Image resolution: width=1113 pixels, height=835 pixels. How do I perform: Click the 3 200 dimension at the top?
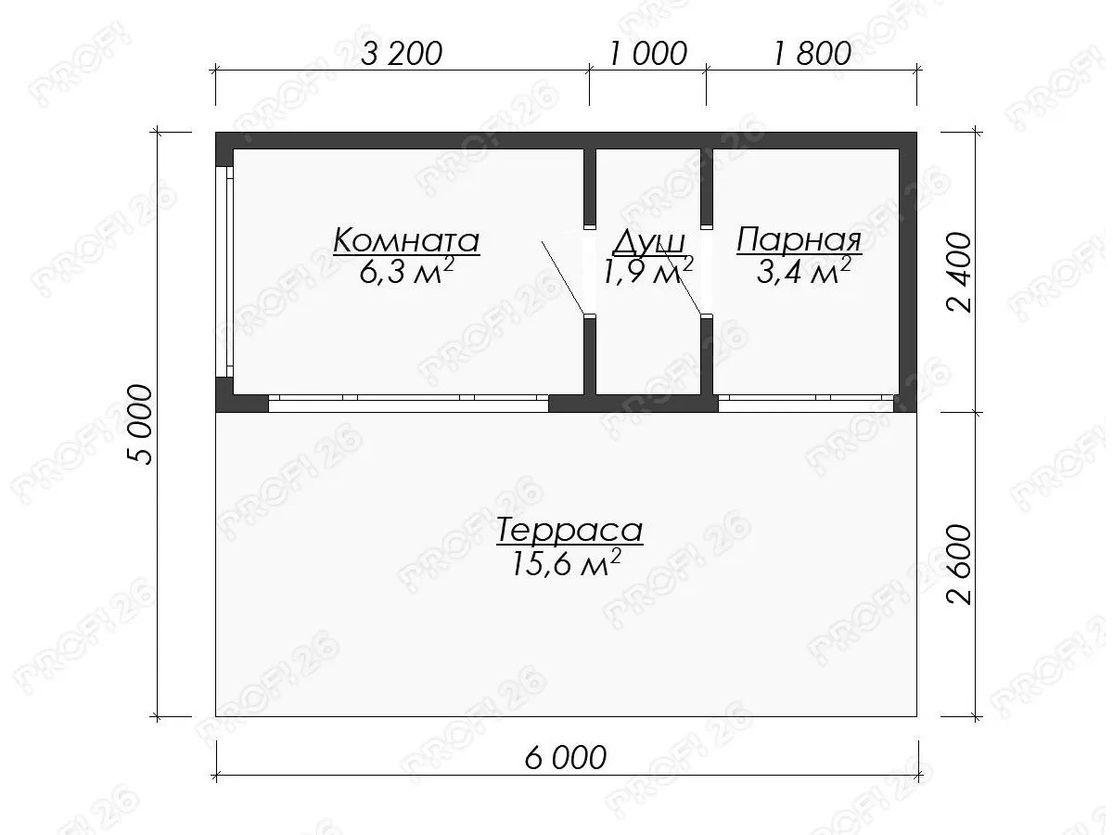(x=402, y=54)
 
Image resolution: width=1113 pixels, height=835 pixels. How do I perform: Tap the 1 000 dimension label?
(x=648, y=54)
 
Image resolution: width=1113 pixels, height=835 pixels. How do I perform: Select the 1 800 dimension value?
(x=812, y=54)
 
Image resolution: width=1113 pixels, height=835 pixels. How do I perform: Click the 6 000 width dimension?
(x=566, y=758)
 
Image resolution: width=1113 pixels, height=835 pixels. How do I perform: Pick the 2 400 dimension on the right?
(x=958, y=273)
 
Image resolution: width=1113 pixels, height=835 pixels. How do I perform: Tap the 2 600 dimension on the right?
(x=958, y=564)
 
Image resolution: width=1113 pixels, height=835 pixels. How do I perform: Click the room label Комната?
(x=406, y=240)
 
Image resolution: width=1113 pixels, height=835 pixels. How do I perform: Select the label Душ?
(x=648, y=242)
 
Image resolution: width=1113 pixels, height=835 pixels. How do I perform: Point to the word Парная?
(x=800, y=240)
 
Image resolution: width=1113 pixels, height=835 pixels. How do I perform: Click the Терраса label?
(x=569, y=531)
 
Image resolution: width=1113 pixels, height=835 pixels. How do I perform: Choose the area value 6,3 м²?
(x=406, y=271)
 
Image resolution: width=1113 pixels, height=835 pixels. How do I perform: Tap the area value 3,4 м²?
(x=804, y=271)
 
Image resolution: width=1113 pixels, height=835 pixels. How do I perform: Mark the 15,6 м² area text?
(x=567, y=563)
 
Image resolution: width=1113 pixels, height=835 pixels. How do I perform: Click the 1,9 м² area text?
(x=648, y=271)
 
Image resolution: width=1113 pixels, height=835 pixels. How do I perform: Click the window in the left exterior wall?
(x=224, y=272)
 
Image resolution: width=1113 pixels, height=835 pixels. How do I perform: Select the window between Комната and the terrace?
(x=408, y=404)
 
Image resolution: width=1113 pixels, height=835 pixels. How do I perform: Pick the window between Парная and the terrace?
(x=806, y=404)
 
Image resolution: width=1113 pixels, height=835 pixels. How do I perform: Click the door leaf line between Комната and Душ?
(x=563, y=277)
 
